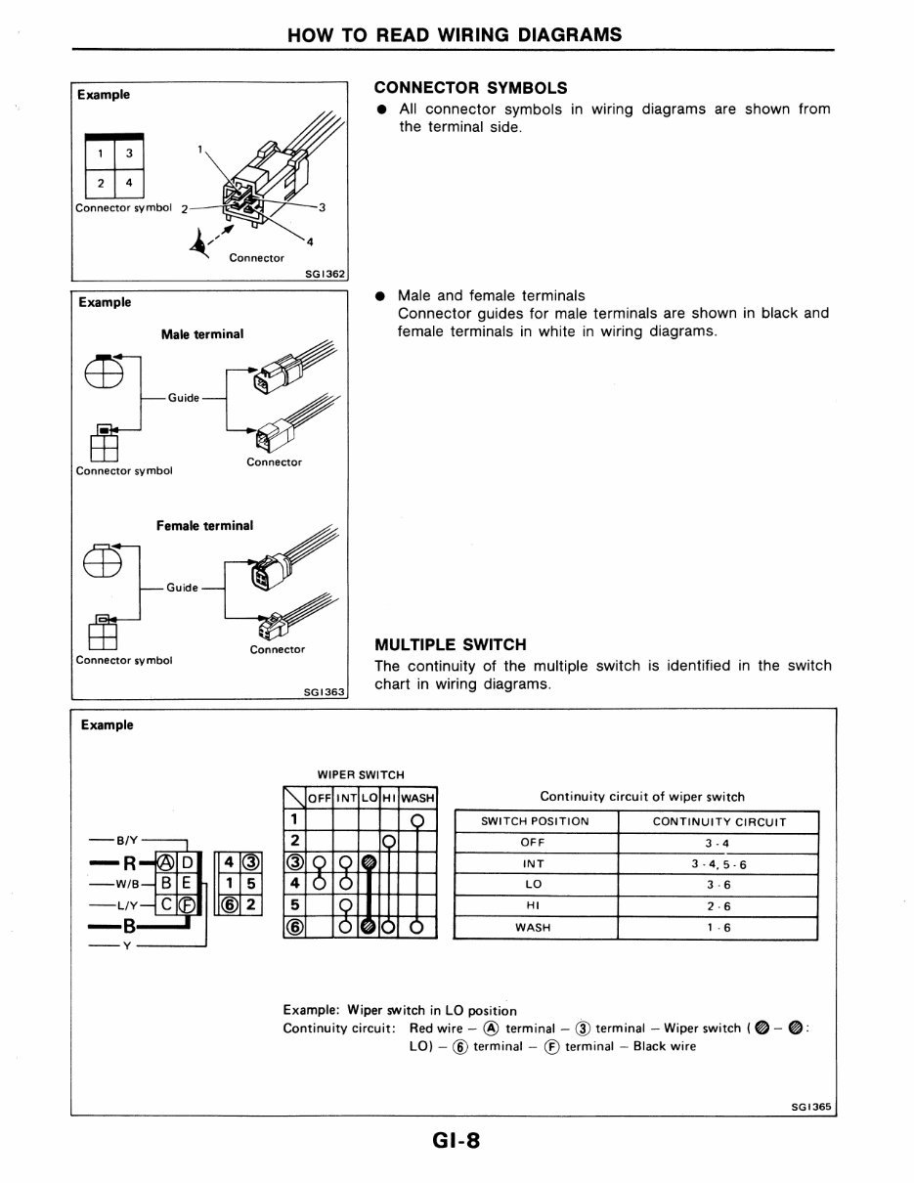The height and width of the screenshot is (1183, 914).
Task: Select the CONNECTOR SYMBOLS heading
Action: click(471, 88)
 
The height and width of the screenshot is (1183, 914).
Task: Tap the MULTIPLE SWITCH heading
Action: click(451, 645)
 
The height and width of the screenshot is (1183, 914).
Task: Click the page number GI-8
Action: click(456, 1140)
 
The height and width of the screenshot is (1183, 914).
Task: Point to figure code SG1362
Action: click(326, 275)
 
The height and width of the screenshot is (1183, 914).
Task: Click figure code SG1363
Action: click(326, 692)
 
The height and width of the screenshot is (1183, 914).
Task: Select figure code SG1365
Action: click(810, 1107)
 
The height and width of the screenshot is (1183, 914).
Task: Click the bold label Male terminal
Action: click(202, 334)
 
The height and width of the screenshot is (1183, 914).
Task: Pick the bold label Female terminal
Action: click(204, 526)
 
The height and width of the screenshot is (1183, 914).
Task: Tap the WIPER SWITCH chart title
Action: click(360, 774)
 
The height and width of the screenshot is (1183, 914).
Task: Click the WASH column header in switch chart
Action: click(417, 798)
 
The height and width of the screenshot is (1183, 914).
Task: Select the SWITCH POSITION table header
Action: click(536, 821)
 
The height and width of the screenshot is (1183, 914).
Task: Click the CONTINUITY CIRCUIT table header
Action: click(718, 821)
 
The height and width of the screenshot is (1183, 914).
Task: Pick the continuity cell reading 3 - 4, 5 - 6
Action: click(718, 864)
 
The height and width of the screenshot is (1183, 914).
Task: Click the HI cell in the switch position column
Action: click(533, 906)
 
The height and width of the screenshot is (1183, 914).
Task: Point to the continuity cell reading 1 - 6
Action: click(718, 928)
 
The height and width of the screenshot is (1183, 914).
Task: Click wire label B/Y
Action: click(128, 839)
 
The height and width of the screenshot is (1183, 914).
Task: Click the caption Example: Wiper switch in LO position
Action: click(400, 1010)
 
